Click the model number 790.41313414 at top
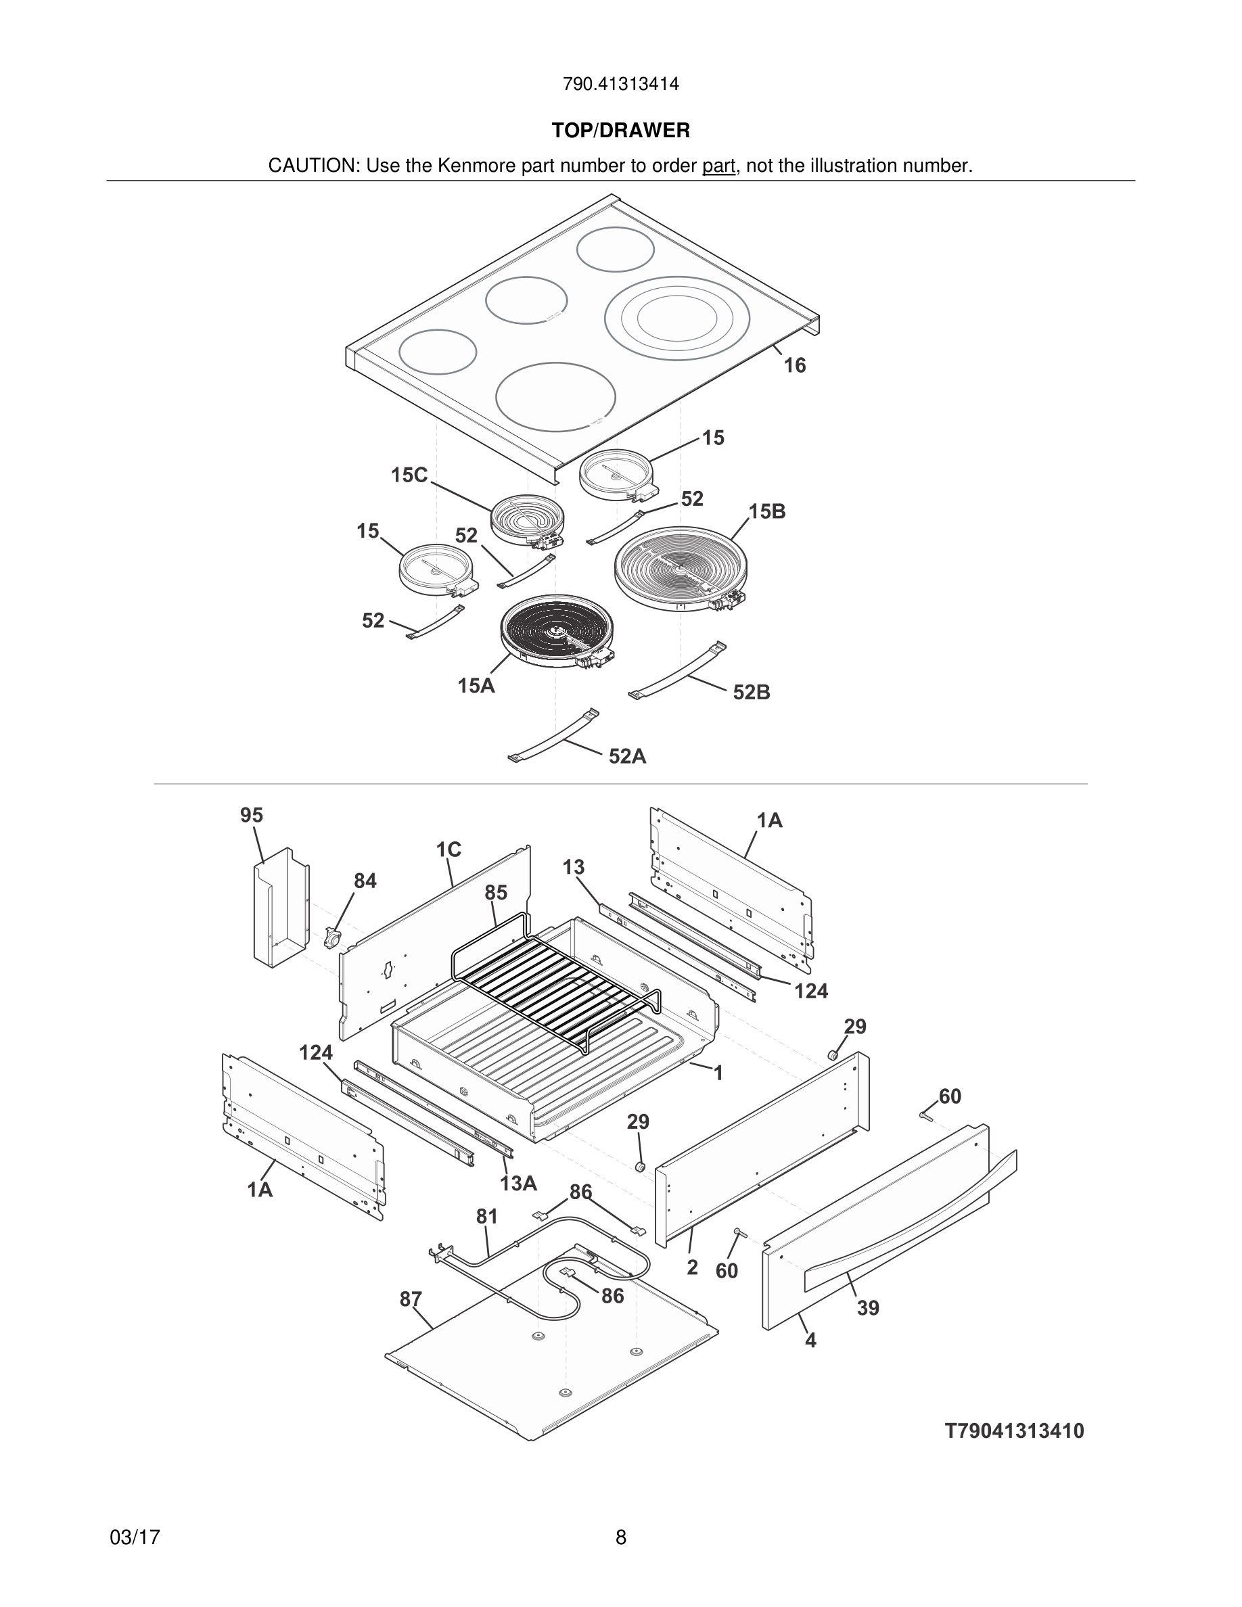pos(620,85)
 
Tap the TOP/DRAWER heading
pos(620,131)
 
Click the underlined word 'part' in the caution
pos(718,166)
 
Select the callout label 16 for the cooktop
pos(795,366)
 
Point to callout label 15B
pos(767,511)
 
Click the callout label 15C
pos(409,475)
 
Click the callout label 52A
pos(627,756)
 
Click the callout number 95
pos(252,815)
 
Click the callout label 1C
pos(448,850)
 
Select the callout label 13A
pos(519,1183)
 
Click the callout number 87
pos(411,1299)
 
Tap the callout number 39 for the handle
pos(868,1307)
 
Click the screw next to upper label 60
pos(925,1116)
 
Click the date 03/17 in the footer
pos(135,1537)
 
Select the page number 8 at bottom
pos(620,1537)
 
